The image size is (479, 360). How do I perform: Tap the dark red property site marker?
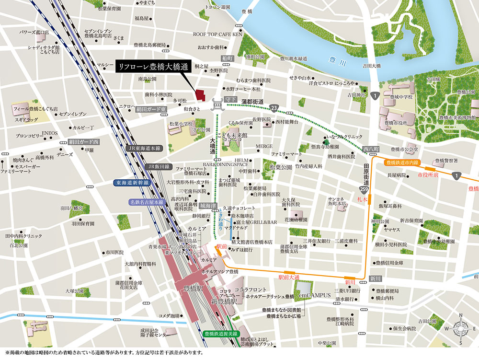coord(200,95)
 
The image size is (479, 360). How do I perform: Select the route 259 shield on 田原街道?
coord(366,190)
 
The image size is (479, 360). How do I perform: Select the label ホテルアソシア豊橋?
coord(220,272)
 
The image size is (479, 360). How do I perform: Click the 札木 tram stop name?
coord(362,197)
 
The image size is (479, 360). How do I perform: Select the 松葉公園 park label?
coord(281,167)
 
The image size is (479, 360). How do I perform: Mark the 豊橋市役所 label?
coord(400,123)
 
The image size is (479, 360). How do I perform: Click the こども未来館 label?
coord(231,136)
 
